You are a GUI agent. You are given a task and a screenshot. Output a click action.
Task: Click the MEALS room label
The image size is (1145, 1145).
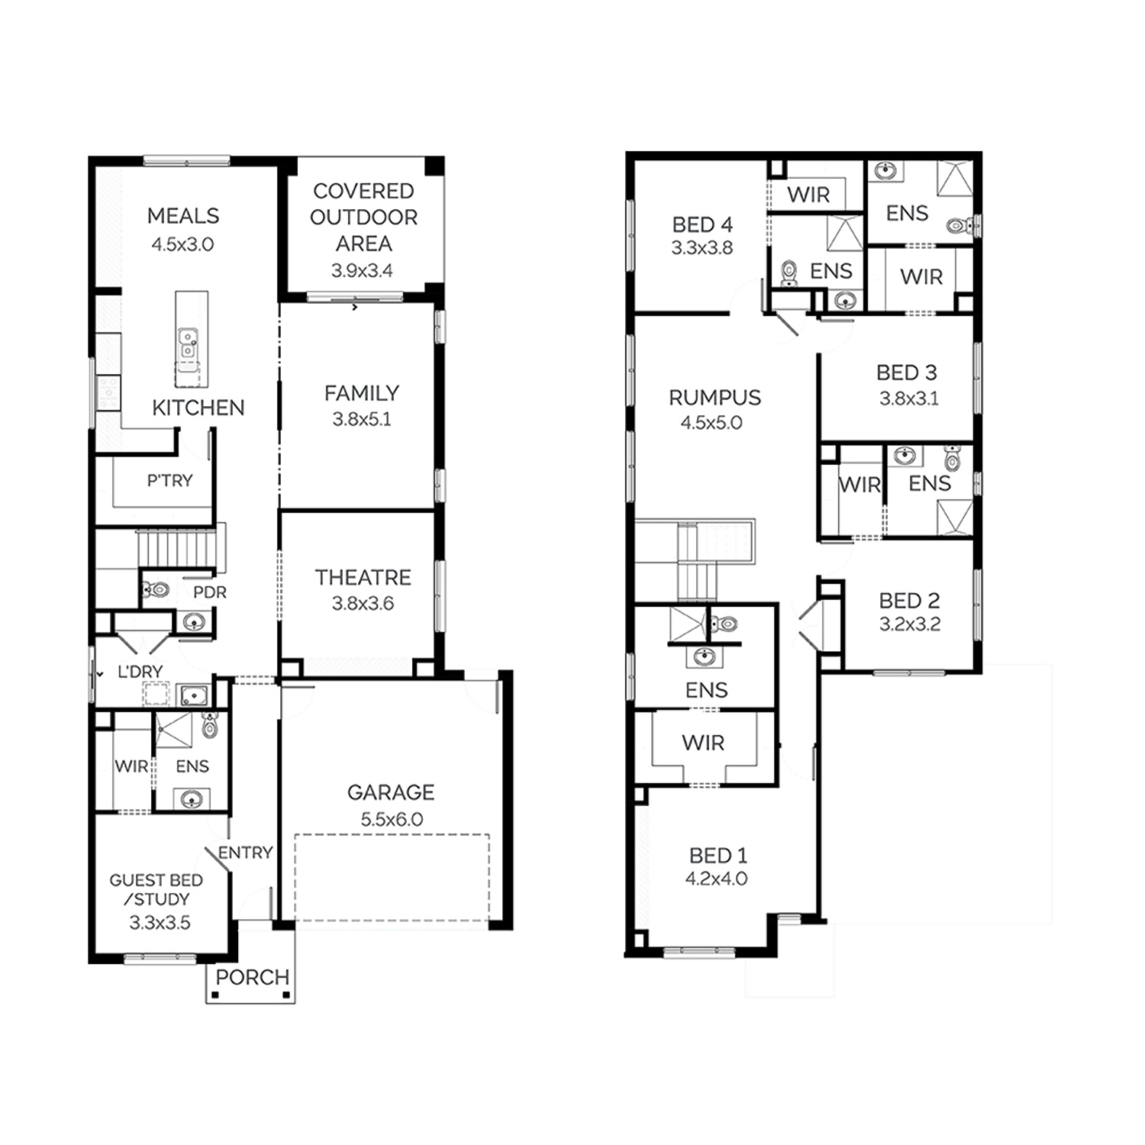(x=183, y=216)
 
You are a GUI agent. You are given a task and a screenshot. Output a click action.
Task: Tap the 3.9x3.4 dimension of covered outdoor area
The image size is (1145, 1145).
(x=362, y=270)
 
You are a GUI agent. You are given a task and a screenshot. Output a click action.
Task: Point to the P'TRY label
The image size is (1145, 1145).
(x=169, y=480)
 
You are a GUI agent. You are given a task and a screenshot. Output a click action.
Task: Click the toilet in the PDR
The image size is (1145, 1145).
(x=156, y=589)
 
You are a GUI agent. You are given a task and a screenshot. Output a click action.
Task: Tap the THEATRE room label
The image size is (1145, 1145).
(x=363, y=577)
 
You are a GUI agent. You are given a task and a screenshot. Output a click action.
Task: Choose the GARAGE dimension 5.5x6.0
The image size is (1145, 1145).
(x=392, y=819)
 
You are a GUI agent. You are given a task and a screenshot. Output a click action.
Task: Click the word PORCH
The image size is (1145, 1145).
(x=252, y=977)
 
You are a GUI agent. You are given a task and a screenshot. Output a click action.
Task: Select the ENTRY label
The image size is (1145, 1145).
(x=245, y=853)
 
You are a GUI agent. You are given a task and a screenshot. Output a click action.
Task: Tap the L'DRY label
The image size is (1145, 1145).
(x=140, y=672)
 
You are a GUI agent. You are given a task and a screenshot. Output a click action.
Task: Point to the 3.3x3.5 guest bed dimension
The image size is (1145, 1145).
(x=160, y=923)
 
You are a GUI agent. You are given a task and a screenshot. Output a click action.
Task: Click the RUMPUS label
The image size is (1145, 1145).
(x=714, y=398)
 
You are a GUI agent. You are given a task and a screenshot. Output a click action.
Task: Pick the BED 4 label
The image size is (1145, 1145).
(x=702, y=225)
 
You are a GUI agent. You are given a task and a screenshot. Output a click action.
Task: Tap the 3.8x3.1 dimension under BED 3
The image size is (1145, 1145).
(x=908, y=398)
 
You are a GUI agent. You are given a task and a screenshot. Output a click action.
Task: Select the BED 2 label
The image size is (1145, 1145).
(x=909, y=601)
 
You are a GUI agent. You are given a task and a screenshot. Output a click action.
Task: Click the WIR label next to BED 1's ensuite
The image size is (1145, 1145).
(x=703, y=743)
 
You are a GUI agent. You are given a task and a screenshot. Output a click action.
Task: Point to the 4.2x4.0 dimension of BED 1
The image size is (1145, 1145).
(x=716, y=879)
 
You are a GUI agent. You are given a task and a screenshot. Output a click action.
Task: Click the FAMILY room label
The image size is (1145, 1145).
(x=362, y=393)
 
